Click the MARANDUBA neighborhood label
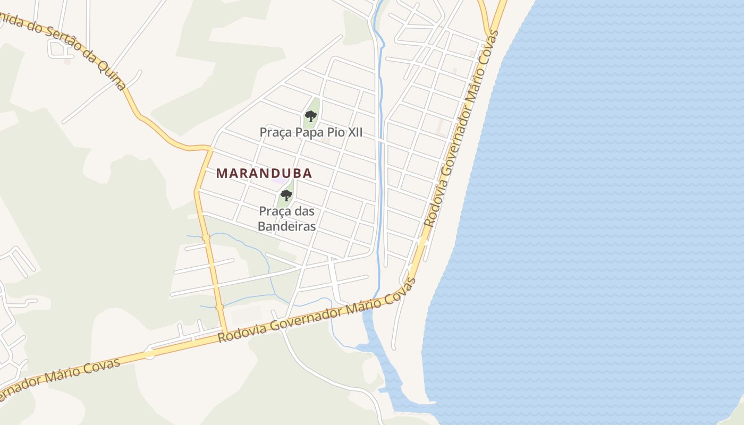pyautogui.click(x=264, y=174)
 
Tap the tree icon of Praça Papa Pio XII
pyautogui.click(x=311, y=116)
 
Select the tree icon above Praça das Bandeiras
pyautogui.click(x=286, y=195)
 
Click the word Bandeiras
pyautogui.click(x=286, y=226)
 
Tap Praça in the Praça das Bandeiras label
pyautogui.click(x=273, y=211)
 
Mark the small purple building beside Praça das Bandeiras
pyautogui.click(x=278, y=180)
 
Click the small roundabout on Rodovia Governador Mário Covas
pyautogui.click(x=149, y=353)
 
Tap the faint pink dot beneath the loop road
pyautogui.click(x=67, y=62)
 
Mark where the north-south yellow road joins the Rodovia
pyautogui.click(x=224, y=334)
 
